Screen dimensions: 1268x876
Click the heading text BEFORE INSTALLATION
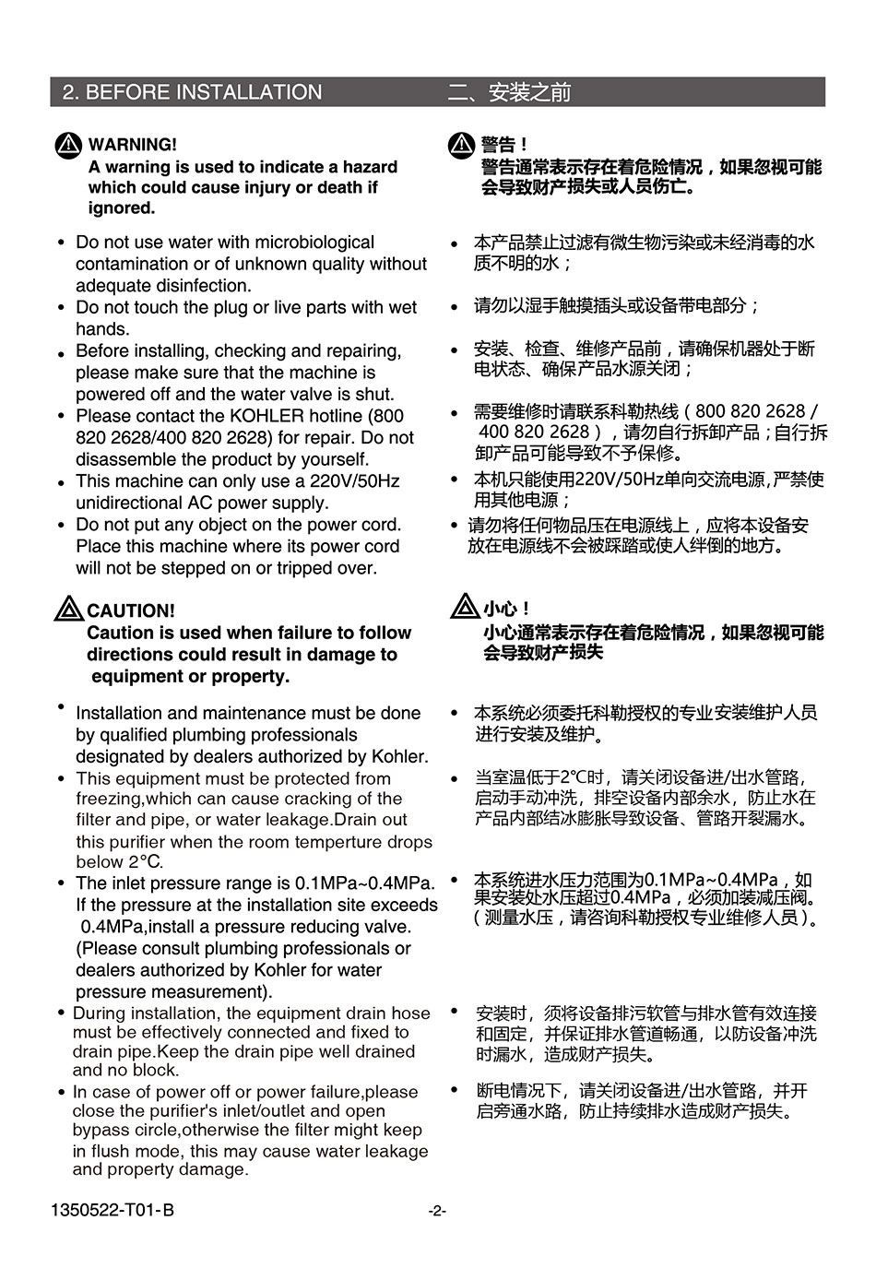[203, 92]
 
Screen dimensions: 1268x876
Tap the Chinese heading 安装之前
[529, 92]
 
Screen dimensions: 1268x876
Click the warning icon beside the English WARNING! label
[69, 146]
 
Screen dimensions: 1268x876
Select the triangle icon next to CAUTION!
[69, 610]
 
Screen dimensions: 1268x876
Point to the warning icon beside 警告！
[461, 145]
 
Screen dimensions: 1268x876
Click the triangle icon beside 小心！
[465, 607]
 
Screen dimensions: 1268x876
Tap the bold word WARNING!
[132, 145]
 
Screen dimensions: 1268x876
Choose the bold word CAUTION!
[130, 610]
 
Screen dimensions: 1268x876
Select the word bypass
[101, 1131]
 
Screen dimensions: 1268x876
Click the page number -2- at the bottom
[437, 1211]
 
